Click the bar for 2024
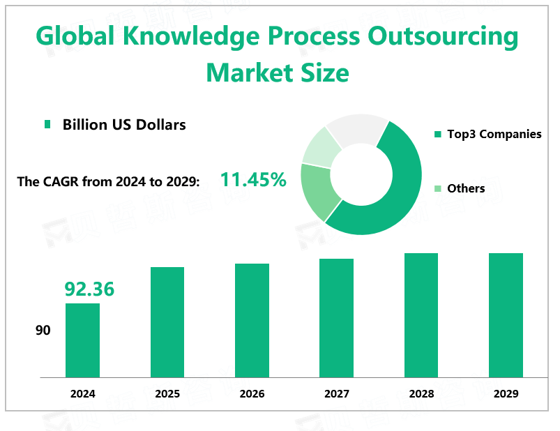pyautogui.click(x=82, y=340)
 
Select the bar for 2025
pyautogui.click(x=167, y=322)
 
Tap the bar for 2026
pyautogui.click(x=252, y=321)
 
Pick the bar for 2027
pyautogui.click(x=336, y=318)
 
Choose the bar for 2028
pyautogui.click(x=421, y=315)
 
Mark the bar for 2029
pyautogui.click(x=506, y=315)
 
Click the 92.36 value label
pyautogui.click(x=89, y=289)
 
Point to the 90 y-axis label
pyautogui.click(x=43, y=330)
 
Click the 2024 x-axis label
pyautogui.click(x=82, y=394)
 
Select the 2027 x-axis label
pyautogui.click(x=336, y=394)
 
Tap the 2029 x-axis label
pyautogui.click(x=506, y=394)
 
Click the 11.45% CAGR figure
pyautogui.click(x=253, y=180)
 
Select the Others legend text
pyautogui.click(x=466, y=188)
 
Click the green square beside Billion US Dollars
pyautogui.click(x=47, y=125)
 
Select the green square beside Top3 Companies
pyautogui.click(x=437, y=134)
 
